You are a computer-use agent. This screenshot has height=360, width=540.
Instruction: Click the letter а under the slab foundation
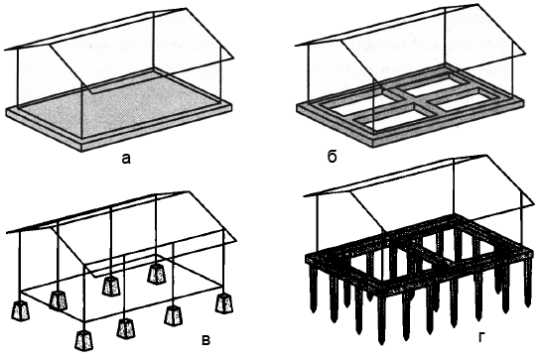point(126,159)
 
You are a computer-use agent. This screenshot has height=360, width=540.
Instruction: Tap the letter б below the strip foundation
point(332,157)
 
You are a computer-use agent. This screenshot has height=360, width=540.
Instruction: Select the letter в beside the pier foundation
point(205,340)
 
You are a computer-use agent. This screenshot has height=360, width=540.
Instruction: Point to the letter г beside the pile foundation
point(481,338)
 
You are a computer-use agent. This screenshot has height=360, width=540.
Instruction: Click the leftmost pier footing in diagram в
point(22,311)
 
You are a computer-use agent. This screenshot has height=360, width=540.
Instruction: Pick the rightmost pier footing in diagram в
point(224,303)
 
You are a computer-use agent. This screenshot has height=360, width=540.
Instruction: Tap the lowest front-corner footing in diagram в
point(84,340)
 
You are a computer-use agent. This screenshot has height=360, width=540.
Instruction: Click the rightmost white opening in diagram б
point(465,100)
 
